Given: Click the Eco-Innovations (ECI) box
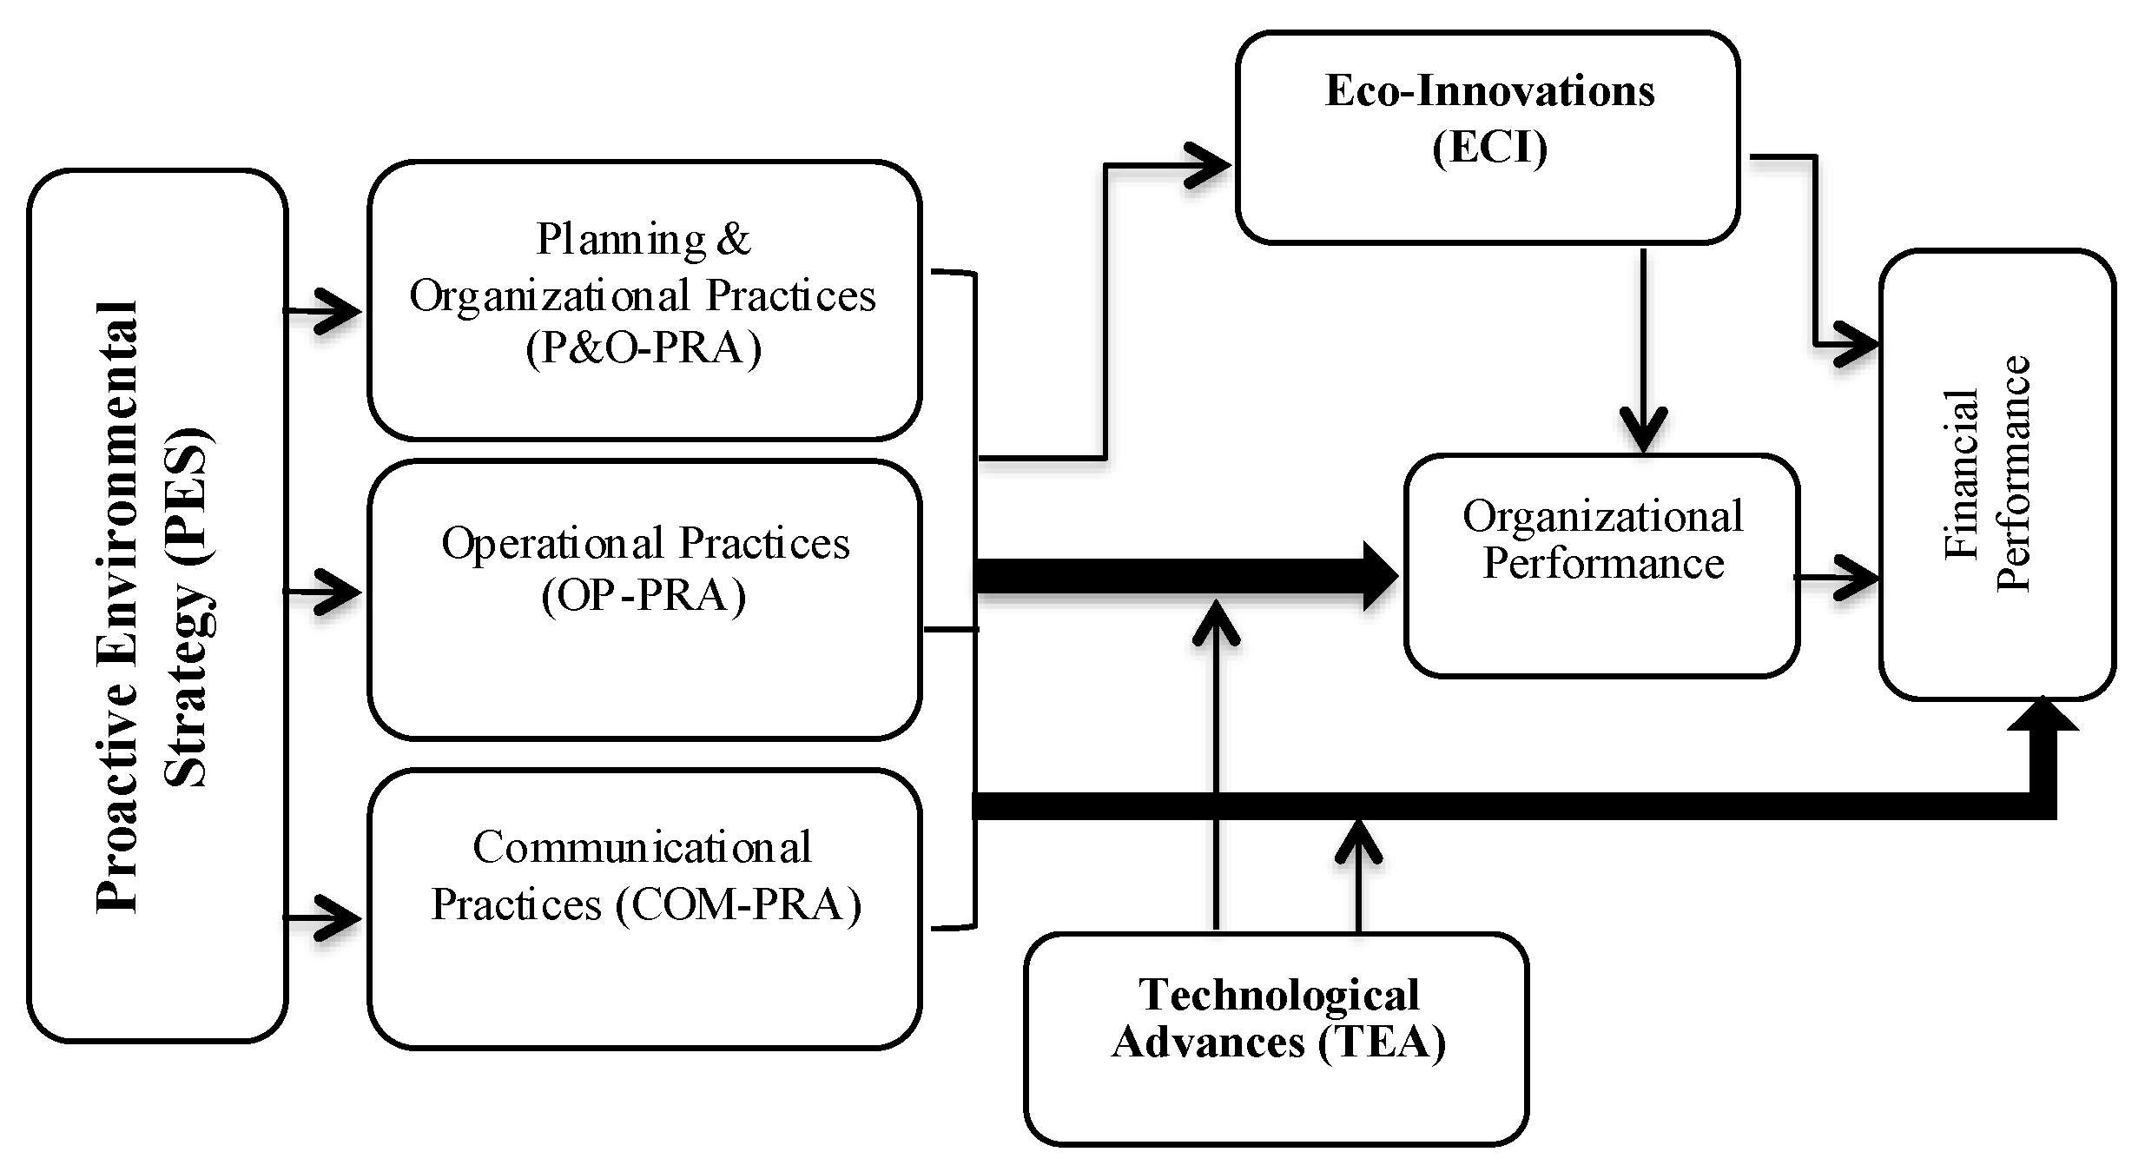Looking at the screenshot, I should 1487,137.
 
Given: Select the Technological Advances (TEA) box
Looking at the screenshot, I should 1276,1038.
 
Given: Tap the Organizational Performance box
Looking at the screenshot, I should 1601,565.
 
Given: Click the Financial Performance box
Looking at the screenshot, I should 1996,474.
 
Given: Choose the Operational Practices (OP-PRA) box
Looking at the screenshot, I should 643,599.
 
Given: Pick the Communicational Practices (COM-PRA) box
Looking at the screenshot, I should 643,908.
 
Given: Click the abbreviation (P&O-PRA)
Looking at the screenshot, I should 643,349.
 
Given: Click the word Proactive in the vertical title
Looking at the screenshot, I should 117,834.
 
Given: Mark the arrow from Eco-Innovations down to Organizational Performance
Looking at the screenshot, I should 1643,348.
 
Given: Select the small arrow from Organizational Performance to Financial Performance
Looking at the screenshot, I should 1838,577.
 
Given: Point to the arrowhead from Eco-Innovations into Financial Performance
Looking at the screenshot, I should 1857,346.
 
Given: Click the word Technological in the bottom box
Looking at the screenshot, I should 1278,996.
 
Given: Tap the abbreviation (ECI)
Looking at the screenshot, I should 1488,148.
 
